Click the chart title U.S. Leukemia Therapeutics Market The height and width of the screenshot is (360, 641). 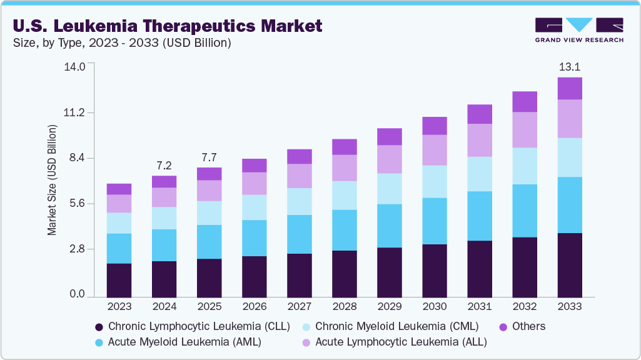pyautogui.click(x=167, y=26)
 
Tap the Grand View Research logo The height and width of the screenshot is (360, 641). pyautogui.click(x=579, y=30)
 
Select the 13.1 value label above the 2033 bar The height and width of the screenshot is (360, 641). pyautogui.click(x=570, y=66)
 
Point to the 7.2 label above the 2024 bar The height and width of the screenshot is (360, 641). pyautogui.click(x=164, y=166)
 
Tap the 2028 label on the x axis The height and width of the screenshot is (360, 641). pyautogui.click(x=344, y=307)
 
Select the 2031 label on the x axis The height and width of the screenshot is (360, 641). pyautogui.click(x=480, y=307)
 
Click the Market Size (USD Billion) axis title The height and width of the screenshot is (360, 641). pyautogui.click(x=53, y=180)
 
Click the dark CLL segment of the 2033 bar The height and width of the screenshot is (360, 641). pyautogui.click(x=570, y=265)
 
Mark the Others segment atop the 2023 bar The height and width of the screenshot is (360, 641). pyautogui.click(x=119, y=189)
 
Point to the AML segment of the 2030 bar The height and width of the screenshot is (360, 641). pyautogui.click(x=435, y=221)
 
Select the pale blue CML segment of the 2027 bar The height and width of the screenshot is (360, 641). pyautogui.click(x=299, y=201)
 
